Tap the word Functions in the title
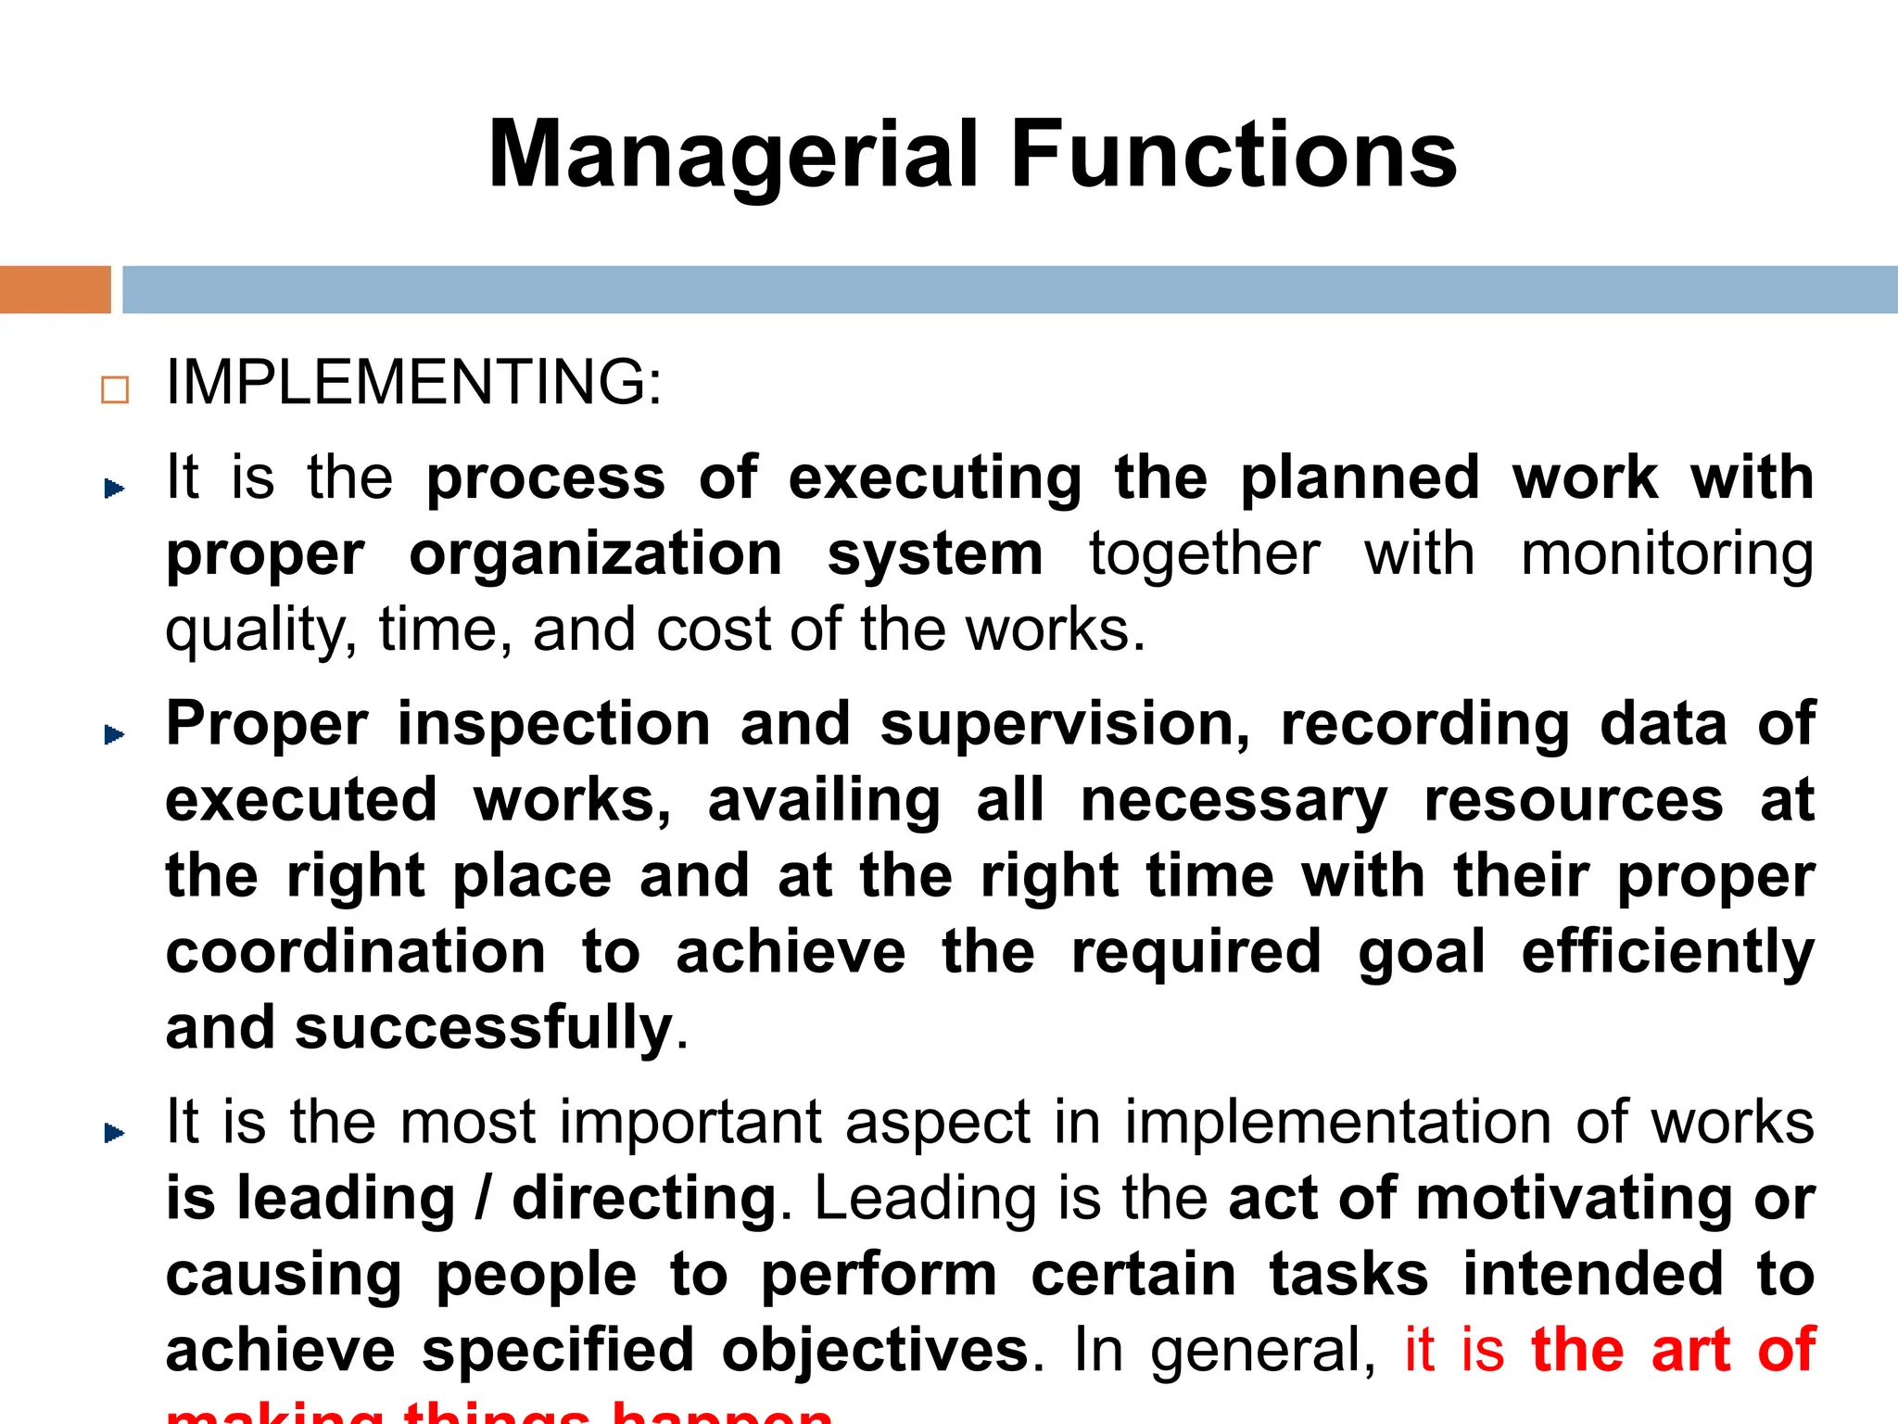pos(1234,155)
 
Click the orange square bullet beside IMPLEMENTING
pos(115,389)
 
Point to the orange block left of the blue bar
pos(55,289)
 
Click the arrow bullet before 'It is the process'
pos(114,488)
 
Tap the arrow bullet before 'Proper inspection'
pos(114,734)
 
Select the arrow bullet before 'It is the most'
pos(114,1132)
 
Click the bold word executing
pos(935,479)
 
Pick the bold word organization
pos(596,554)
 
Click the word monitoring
pos(1667,554)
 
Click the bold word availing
pos(824,801)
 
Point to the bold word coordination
pos(356,952)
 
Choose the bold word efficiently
pos(1667,952)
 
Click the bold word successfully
pos(483,1029)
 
